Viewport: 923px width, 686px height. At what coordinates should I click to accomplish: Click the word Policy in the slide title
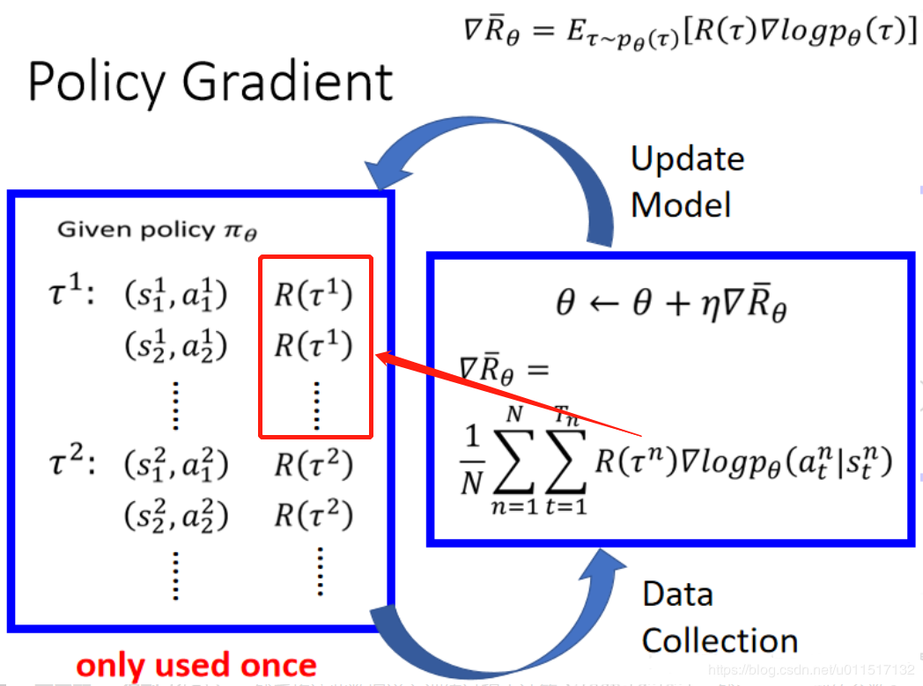95,82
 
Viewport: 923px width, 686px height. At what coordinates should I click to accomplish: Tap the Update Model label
687,181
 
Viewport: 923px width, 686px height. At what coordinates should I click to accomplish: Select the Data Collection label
719,616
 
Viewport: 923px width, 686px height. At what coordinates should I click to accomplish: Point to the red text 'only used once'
196,665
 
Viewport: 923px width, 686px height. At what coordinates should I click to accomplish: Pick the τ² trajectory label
70,462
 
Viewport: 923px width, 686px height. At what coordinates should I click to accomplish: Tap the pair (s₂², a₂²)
175,515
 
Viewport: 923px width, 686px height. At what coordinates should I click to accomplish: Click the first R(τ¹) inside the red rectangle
314,295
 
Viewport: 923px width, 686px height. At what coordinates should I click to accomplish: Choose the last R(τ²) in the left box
314,514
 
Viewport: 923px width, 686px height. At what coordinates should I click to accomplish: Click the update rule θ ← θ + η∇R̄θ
671,305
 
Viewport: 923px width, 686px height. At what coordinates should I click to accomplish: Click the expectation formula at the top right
689,33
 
